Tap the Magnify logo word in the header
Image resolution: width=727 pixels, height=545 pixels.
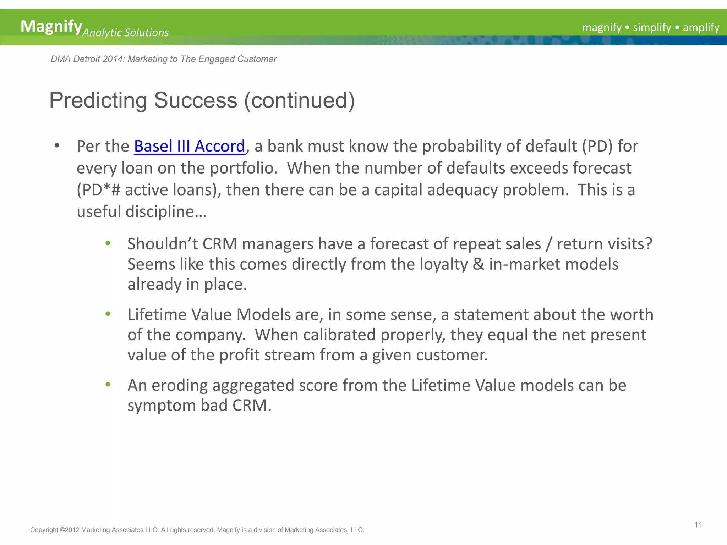coord(51,27)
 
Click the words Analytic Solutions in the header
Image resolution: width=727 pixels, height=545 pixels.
coord(126,33)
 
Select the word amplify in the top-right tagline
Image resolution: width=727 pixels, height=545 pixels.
coord(701,28)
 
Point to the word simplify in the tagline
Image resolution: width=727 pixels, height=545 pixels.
coord(652,28)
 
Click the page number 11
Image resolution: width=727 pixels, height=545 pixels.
coord(698,525)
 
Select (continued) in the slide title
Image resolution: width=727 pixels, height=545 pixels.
coord(299,100)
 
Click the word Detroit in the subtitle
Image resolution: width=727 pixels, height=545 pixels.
coord(86,59)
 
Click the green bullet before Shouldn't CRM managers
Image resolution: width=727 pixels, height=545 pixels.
coord(108,243)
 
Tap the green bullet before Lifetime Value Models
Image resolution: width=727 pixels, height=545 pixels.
coord(108,314)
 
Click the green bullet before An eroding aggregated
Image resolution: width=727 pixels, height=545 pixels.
coord(108,385)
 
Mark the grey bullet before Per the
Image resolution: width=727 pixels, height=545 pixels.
coord(57,146)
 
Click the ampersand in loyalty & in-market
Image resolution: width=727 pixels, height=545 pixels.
coord(478,264)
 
